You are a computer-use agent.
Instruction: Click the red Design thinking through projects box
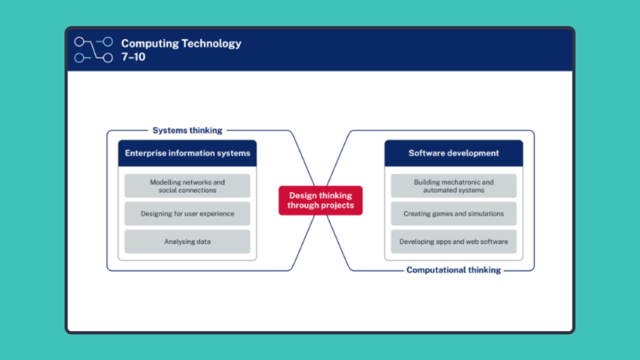point(320,201)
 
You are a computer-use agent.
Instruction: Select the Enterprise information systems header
point(187,153)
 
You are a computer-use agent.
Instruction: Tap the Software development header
point(454,153)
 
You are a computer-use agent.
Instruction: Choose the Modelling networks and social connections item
point(187,186)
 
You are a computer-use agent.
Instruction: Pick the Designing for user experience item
point(187,214)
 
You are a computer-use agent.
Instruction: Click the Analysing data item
point(187,241)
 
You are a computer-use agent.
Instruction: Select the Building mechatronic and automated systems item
point(454,186)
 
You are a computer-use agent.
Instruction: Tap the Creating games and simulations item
point(454,214)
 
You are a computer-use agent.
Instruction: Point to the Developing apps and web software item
point(454,241)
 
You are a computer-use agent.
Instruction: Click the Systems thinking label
point(187,131)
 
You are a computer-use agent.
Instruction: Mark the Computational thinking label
point(454,270)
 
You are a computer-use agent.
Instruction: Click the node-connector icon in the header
point(94,50)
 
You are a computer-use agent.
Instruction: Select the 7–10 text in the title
point(133,57)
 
